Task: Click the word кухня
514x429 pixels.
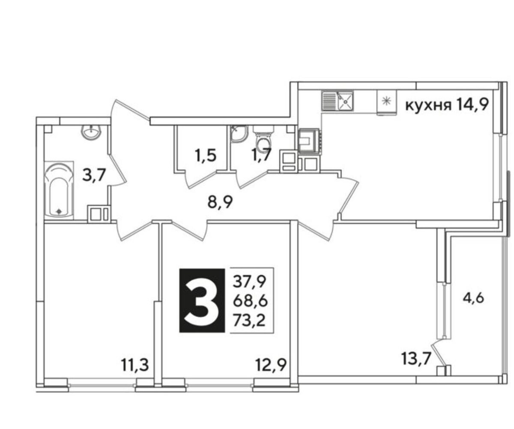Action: click(x=428, y=106)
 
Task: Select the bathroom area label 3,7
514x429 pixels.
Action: click(x=94, y=175)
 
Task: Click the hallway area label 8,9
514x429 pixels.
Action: click(x=220, y=202)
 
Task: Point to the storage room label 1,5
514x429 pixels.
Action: click(x=206, y=155)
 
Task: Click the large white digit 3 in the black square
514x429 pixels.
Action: click(x=202, y=301)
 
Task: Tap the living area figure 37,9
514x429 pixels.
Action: click(x=250, y=282)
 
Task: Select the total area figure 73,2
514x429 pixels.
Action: click(x=249, y=320)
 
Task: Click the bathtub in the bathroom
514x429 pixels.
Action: click(x=59, y=190)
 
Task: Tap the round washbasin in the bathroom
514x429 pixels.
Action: click(x=91, y=131)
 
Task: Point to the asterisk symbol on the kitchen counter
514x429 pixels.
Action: click(x=386, y=101)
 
